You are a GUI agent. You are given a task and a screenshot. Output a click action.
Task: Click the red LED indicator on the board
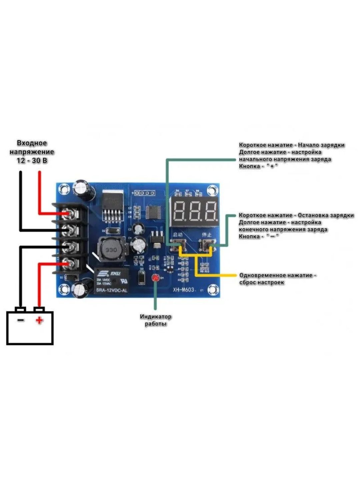(155, 278)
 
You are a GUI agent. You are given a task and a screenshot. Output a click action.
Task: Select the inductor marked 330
(111, 250)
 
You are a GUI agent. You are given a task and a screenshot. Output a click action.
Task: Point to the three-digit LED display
(195, 211)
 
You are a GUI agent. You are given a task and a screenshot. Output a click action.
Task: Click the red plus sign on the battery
(39, 321)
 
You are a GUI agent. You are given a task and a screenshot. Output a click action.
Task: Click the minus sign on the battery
(21, 320)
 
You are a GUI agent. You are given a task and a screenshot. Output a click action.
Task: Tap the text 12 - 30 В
(32, 161)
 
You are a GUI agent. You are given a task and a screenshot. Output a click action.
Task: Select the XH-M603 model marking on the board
(183, 289)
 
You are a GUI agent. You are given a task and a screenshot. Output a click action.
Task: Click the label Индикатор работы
(155, 320)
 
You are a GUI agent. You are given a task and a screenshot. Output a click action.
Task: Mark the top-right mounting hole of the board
(212, 191)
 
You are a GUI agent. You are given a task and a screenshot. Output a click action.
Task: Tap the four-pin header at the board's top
(144, 193)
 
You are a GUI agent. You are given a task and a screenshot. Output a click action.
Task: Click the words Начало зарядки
(321, 145)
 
